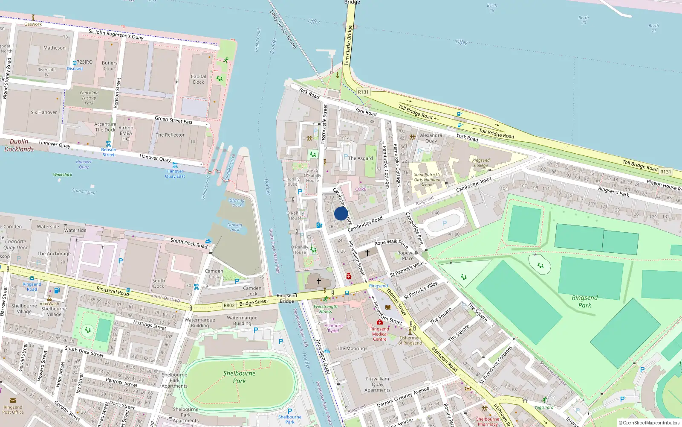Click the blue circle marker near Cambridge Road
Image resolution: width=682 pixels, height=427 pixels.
point(341,213)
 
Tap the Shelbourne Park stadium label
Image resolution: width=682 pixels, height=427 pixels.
point(239,377)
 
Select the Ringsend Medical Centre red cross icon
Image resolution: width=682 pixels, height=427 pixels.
point(379,322)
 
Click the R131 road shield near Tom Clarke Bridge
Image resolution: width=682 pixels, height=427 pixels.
point(363,92)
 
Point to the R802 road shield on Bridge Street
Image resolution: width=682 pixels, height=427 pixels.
point(229,305)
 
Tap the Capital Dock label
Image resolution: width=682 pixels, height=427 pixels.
point(198,79)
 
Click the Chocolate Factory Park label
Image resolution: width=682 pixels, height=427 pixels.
point(89,98)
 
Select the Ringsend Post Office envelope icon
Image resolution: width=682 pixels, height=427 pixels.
point(12,401)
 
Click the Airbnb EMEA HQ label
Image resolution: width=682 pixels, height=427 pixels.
point(126,133)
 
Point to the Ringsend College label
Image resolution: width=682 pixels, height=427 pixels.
point(481,163)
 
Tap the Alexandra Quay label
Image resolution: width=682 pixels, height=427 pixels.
point(431,138)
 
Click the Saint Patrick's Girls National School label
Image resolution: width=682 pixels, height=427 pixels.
point(427,180)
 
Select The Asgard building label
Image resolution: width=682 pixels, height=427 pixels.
point(360,158)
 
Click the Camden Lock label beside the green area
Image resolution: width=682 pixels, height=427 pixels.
point(214,274)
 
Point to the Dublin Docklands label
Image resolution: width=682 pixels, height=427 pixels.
point(19,145)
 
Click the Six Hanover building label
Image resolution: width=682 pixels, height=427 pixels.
point(43,112)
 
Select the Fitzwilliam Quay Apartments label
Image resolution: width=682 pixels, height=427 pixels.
point(377,384)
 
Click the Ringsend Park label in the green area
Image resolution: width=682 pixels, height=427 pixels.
point(584,301)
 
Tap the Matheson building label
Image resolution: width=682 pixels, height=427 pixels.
point(55,48)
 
